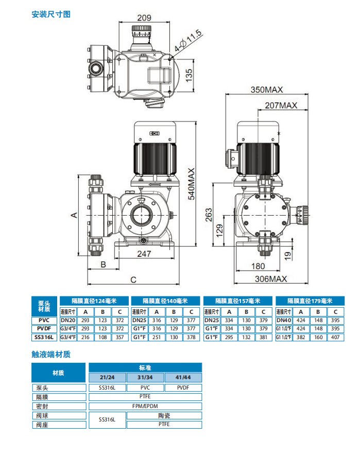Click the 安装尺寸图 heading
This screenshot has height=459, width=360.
point(51,14)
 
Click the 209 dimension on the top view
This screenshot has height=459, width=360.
point(146,17)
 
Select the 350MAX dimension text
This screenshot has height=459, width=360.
point(266,90)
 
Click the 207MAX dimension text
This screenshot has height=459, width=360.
point(281,105)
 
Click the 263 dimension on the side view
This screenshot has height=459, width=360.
point(209,213)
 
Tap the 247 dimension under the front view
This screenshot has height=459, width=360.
point(145,253)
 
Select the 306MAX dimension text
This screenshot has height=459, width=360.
point(272,278)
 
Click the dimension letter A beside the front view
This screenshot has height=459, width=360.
point(74,215)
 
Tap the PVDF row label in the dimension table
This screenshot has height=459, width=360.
point(44,328)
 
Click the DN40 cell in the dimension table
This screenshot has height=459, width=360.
point(284,320)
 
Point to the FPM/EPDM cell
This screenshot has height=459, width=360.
point(146,405)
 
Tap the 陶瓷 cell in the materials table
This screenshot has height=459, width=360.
point(164,415)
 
